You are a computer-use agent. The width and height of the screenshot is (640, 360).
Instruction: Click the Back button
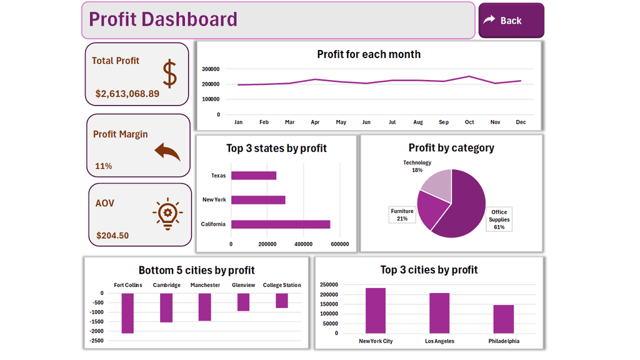point(511,21)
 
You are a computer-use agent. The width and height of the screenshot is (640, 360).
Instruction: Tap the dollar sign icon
point(169,74)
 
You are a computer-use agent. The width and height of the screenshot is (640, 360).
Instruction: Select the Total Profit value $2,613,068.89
point(127,94)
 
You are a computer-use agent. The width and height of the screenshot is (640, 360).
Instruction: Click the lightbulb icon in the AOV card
point(167,214)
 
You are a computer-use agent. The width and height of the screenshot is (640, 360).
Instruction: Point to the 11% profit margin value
point(104,166)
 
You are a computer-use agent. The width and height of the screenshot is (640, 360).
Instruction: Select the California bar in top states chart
point(281,224)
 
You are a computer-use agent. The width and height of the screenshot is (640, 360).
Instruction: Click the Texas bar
point(254,176)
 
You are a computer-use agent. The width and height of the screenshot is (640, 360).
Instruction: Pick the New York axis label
point(214,200)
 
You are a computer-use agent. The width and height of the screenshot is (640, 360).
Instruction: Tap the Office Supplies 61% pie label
point(499,219)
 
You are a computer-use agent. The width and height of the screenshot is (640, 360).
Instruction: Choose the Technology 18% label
point(417,166)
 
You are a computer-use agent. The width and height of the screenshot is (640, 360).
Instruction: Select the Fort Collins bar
point(128,313)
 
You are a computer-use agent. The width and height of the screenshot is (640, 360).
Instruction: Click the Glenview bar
point(243,302)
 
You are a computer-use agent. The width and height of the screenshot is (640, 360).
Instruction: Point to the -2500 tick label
point(97,341)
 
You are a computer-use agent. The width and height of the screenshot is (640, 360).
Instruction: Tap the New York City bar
point(376,311)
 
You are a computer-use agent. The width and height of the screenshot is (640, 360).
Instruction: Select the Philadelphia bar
point(503,319)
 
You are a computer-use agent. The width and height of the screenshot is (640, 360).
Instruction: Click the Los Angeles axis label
point(439,341)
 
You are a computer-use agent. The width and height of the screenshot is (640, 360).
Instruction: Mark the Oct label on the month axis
point(469,122)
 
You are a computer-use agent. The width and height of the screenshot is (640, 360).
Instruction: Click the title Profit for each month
point(369,54)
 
